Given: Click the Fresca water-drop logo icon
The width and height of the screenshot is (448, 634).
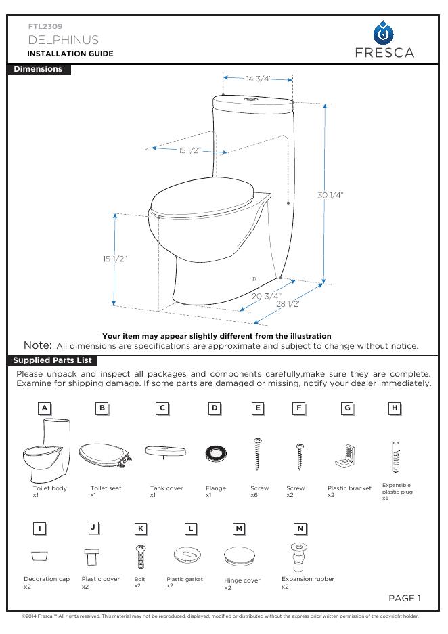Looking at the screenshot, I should coord(384,33).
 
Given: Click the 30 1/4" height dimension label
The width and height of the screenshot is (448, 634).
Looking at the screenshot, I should coord(330,195).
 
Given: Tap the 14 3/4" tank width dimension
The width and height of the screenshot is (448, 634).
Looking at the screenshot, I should coord(258,79).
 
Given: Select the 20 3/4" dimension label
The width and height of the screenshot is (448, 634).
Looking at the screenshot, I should coord(267,296).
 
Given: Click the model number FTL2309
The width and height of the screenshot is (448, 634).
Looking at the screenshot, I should coord(45,26).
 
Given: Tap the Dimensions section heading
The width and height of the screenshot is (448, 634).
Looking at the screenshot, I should coord(38,69).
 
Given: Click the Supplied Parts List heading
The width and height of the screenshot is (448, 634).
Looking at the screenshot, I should coord(52,360).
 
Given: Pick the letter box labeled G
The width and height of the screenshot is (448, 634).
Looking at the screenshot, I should coord(347,408).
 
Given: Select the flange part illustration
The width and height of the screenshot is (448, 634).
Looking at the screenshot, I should coord(215,455).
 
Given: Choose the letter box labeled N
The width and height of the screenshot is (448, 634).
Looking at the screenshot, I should coord(300,528).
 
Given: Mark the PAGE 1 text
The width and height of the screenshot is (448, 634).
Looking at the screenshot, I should coord(405,598).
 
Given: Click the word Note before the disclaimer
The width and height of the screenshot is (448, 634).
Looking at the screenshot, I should coord(37,345).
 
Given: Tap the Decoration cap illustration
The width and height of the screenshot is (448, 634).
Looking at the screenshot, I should coord(40,555).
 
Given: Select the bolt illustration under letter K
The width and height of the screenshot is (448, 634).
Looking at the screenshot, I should coord(141,556).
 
